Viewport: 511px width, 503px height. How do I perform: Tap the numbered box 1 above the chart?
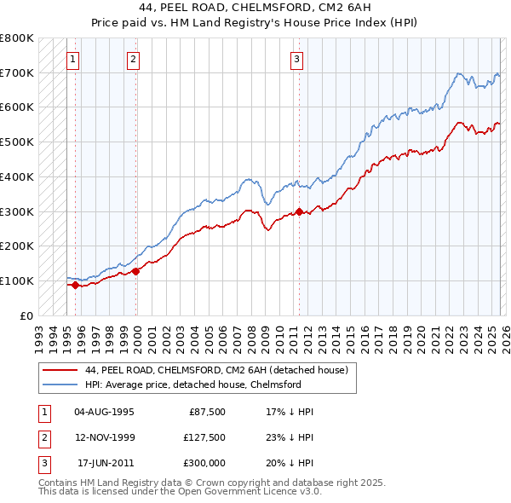point(73,59)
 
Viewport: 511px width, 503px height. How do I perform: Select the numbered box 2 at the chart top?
point(134,59)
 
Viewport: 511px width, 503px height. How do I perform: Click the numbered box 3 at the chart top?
point(296,59)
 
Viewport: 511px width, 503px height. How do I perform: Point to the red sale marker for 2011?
point(300,211)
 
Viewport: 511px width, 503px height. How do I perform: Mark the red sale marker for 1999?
point(136,271)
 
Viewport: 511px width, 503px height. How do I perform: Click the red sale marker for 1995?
point(75,285)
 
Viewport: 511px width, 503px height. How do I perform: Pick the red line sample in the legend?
point(60,371)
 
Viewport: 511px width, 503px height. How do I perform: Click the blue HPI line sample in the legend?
point(60,384)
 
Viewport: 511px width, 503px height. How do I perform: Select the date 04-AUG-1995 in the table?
point(104,411)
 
